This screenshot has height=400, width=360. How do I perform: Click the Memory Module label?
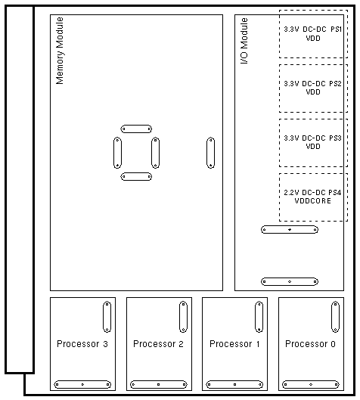[x=60, y=51]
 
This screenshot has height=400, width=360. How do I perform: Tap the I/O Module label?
[x=244, y=41]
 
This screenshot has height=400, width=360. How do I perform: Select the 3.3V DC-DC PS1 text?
[x=313, y=29]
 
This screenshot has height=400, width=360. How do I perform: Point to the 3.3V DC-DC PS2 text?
[x=312, y=84]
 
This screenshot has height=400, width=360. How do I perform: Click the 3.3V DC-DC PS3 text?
[x=312, y=138]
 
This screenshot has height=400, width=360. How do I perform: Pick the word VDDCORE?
[x=313, y=201]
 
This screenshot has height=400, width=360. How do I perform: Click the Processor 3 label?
[x=82, y=344]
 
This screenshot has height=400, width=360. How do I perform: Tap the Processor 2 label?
[x=158, y=344]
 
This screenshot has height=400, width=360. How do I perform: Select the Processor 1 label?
[x=234, y=344]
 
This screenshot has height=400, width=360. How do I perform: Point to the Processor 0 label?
[x=310, y=344]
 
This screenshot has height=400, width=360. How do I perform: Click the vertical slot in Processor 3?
[x=107, y=317]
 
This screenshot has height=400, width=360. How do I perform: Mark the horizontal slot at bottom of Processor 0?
[x=311, y=384]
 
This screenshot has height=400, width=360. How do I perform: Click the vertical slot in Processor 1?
[x=259, y=317]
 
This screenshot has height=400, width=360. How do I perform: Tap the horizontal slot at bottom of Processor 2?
[x=158, y=384]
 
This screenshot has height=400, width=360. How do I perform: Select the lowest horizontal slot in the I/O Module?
[x=290, y=281]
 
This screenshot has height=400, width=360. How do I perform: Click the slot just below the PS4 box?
[x=290, y=230]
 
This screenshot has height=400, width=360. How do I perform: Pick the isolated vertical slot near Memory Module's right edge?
[x=210, y=153]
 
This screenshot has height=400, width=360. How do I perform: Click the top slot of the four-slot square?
[x=136, y=129]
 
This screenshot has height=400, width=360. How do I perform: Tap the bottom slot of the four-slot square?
[x=136, y=176]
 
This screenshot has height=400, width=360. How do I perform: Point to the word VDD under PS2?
[x=313, y=92]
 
